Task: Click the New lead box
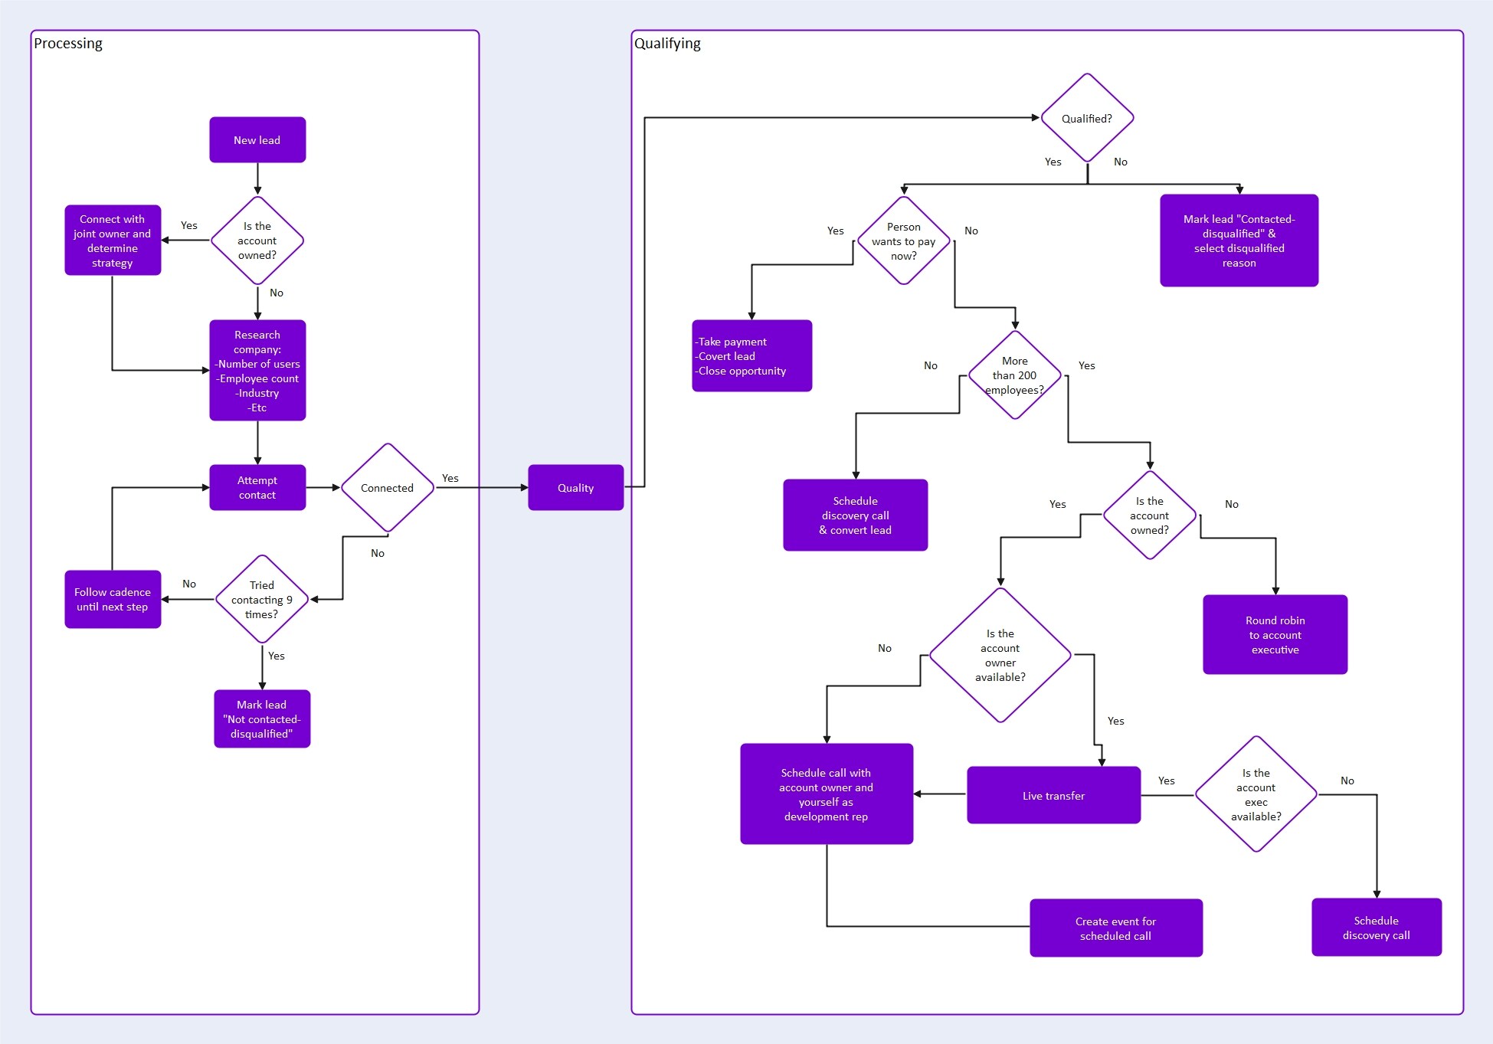tap(257, 140)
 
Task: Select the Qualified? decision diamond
tap(1086, 118)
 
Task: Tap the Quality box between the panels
tap(575, 488)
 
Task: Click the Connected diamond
tap(387, 488)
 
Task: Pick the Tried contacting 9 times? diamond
tap(261, 600)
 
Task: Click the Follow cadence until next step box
tap(113, 599)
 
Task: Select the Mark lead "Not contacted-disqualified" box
tap(262, 718)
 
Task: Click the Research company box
tap(257, 371)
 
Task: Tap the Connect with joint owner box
tap(113, 241)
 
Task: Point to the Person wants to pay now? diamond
tap(904, 241)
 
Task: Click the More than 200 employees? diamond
tap(1014, 375)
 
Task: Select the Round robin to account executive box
tap(1275, 635)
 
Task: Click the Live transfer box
tap(1053, 796)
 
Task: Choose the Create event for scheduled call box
tap(1115, 928)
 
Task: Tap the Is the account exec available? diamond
tap(1256, 794)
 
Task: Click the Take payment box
tap(751, 356)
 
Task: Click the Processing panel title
tap(68, 44)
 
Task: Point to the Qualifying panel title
tap(667, 44)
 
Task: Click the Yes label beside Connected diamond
tap(450, 478)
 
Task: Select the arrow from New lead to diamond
tap(257, 179)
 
